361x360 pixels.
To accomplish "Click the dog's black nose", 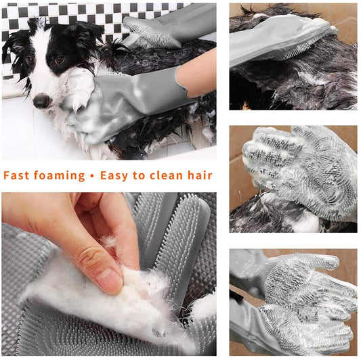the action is coord(42,101).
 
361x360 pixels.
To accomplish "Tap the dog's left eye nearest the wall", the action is coord(30,60).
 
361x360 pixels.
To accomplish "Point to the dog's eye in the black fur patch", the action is coord(60,60).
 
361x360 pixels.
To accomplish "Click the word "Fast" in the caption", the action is coord(16,175).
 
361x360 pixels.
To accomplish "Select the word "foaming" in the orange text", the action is coord(60,176).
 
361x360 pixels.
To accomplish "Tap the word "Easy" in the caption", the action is coord(114,176).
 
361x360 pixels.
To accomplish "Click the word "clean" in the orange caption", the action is coord(166,175).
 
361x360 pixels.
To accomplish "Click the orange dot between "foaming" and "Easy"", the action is coord(92,176).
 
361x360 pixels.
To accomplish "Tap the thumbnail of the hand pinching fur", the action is coord(109,274).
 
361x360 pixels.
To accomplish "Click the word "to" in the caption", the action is coord(139,176).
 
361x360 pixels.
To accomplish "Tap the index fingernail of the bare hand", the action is coord(108,281).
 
